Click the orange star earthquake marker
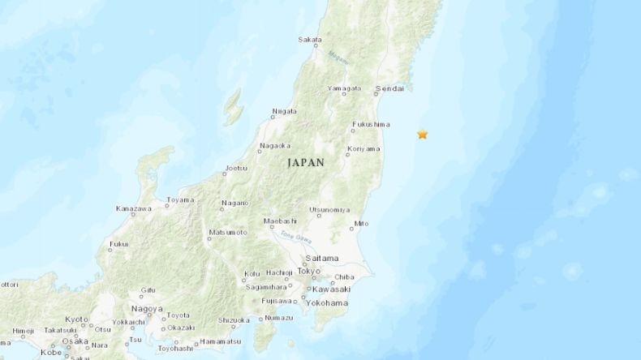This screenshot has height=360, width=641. [422, 134]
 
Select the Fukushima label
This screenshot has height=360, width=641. [370, 125]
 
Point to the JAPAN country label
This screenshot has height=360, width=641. [305, 163]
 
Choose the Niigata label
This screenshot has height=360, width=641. [284, 114]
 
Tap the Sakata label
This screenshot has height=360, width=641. [309, 39]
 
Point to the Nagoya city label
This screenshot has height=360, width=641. [146, 310]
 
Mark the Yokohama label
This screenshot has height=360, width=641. [329, 302]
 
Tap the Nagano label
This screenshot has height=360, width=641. [235, 204]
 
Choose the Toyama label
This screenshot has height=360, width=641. [180, 199]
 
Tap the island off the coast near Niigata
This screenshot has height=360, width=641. [234, 105]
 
